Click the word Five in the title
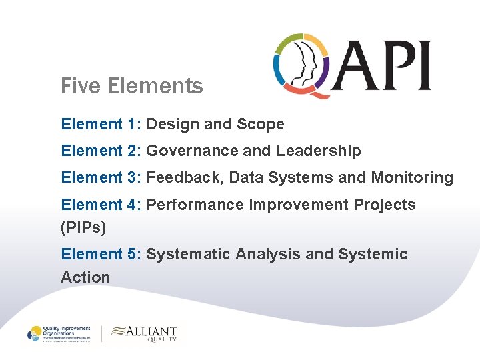79,86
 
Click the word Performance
195,205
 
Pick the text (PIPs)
83,228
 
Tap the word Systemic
373,254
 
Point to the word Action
85,277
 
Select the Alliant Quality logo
145,333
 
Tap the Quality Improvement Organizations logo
61,333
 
